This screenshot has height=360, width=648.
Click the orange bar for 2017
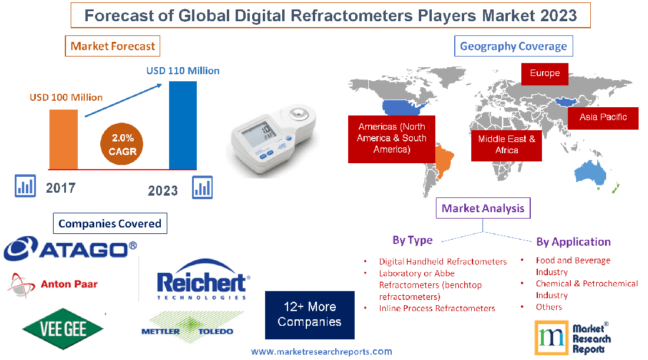click(63, 139)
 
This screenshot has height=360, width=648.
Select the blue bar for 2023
click(183, 125)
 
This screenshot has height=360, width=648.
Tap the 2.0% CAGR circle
click(122, 145)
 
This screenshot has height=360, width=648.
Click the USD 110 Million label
click(183, 71)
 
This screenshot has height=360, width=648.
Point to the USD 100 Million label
click(66, 97)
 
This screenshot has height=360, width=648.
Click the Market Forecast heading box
click(113, 46)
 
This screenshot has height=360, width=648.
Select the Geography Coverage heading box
click(513, 46)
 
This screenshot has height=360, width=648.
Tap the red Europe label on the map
click(545, 74)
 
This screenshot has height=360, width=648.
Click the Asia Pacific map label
click(603, 117)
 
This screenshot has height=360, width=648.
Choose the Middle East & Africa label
click(507, 144)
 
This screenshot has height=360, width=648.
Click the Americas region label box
click(391, 138)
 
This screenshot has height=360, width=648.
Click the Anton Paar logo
click(53, 285)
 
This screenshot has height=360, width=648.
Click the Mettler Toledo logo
click(187, 331)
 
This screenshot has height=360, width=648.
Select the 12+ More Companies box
click(310, 315)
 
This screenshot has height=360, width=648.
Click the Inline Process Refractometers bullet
click(437, 308)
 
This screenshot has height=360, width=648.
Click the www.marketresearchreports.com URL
click(322, 351)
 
